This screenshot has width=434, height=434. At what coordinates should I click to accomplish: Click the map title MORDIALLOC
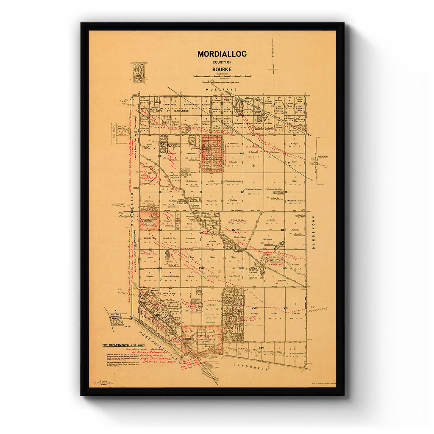222,54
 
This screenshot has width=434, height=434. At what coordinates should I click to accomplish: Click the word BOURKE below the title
222,70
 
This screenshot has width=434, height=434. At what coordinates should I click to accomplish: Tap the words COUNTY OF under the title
222,62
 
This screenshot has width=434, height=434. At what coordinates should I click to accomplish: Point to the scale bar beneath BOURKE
222,76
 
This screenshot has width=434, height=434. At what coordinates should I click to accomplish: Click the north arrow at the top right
273,64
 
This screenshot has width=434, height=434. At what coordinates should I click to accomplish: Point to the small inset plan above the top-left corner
138,72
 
